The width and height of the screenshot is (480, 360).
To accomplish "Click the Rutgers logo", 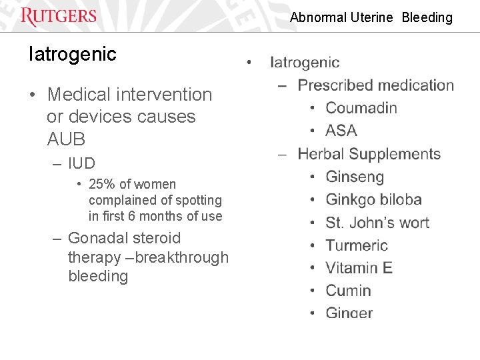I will pos(59,16).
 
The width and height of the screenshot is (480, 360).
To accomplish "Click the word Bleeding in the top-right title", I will pos(427,18).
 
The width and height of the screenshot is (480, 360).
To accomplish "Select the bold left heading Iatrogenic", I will pos(72,54).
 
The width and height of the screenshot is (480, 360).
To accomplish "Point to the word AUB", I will pos(66,139).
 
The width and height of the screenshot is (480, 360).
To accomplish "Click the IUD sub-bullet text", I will pos(81,163).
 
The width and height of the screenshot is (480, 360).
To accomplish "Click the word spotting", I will pos(197,200).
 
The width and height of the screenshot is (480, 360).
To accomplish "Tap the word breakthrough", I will pos(182,257).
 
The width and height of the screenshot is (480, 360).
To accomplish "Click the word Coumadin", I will pos(361,108).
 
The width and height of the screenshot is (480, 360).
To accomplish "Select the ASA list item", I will pos(341,131).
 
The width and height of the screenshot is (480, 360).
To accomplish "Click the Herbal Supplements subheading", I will pos(369,154).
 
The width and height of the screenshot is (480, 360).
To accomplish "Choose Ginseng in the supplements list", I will pos(355,177).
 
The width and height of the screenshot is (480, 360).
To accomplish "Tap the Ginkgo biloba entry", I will pos(373,200).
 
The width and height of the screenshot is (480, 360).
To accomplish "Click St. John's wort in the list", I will pos(377,223).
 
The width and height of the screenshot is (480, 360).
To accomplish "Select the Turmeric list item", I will pos(357,245).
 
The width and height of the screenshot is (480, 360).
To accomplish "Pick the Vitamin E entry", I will pos(359,268).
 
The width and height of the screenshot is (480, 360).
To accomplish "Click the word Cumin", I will pos(348,291).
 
